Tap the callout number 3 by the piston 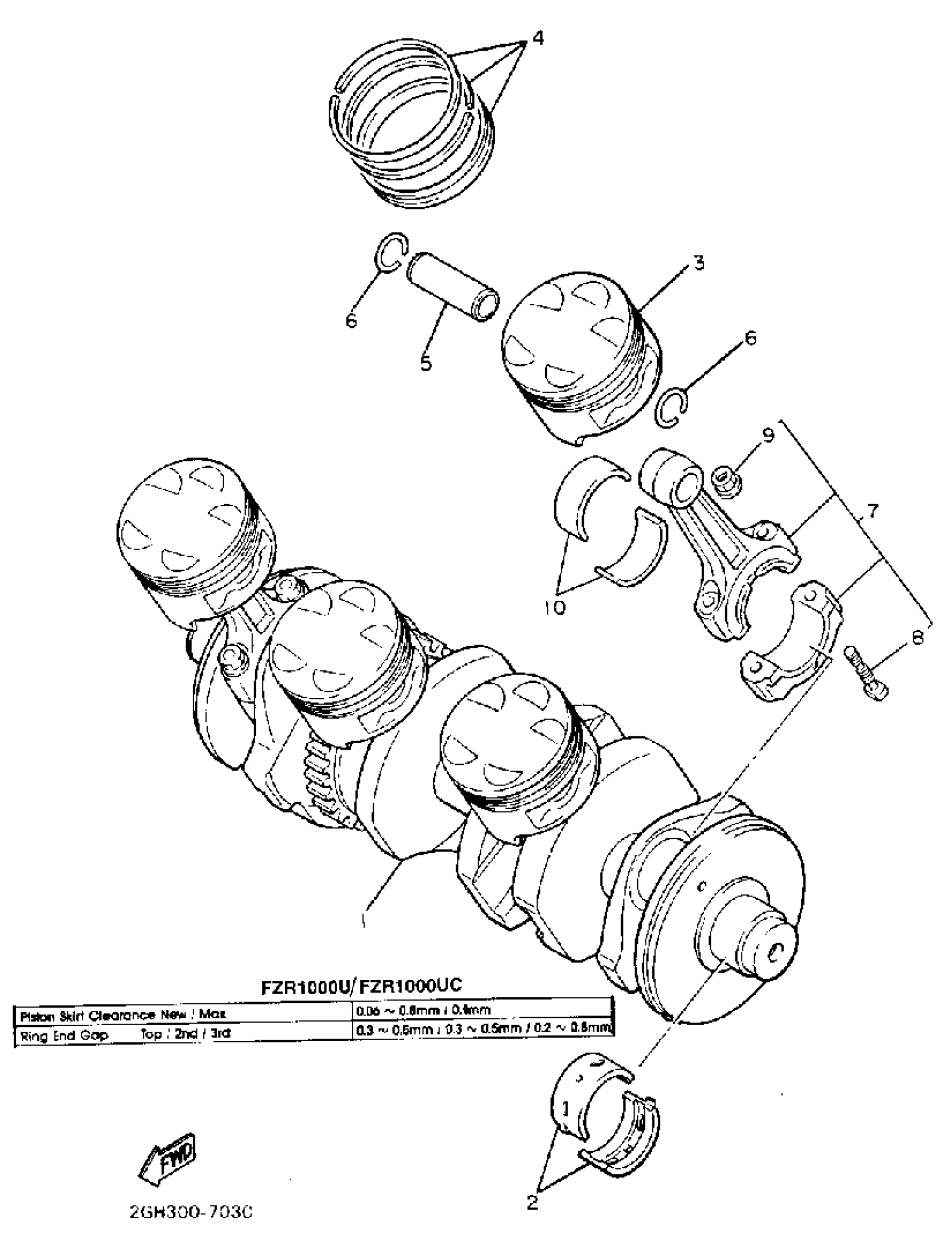click(699, 263)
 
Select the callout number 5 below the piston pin click(426, 363)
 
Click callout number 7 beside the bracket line click(872, 511)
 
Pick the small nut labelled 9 click(727, 481)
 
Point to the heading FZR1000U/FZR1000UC click(361, 985)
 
